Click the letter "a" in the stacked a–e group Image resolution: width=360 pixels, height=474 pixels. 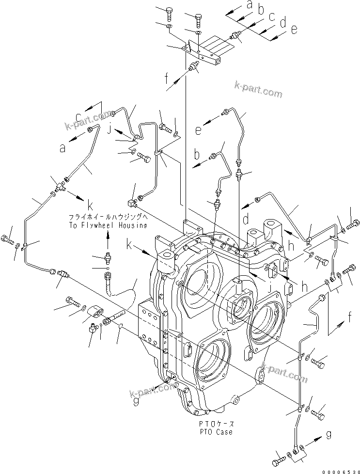pos(250,5)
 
